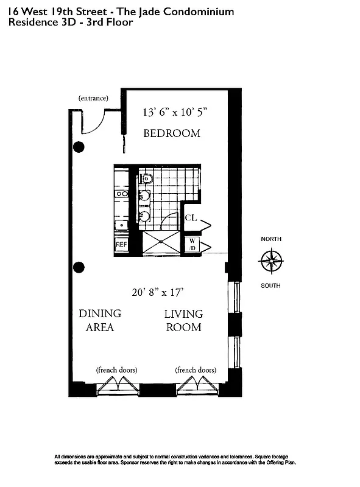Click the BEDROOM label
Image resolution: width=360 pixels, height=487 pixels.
[x=171, y=133]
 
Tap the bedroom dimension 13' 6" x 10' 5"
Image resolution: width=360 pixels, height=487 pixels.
[x=175, y=112]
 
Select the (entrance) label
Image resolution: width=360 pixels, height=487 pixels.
[x=93, y=97]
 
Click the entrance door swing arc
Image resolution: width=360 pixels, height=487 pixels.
[x=94, y=122]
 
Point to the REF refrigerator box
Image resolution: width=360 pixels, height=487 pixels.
[x=122, y=244]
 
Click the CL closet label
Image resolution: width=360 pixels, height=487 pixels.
[x=191, y=218]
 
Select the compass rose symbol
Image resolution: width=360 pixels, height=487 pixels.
[x=271, y=262]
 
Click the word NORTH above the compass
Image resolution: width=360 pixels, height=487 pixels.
[x=271, y=239]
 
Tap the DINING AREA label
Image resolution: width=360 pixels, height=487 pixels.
[x=100, y=320]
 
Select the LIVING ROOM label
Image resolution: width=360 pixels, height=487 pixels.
[x=183, y=320]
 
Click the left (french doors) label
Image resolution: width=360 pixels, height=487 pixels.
[x=116, y=370]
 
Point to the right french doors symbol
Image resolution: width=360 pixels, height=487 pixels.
[x=196, y=385]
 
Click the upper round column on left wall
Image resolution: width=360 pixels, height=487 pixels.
[x=79, y=147]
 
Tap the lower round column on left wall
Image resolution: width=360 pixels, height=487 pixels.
[x=79, y=267]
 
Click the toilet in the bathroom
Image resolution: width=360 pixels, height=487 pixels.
[x=146, y=178]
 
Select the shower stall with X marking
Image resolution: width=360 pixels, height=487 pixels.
[x=161, y=242]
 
